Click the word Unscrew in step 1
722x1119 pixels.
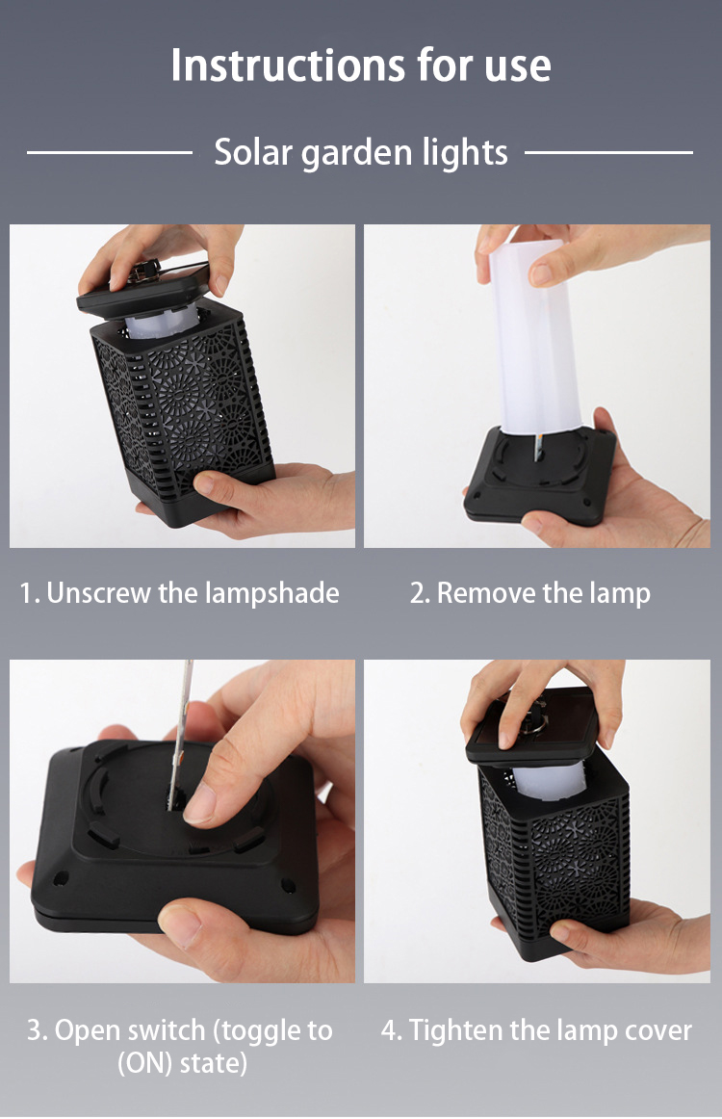click(98, 593)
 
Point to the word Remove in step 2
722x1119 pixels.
click(486, 593)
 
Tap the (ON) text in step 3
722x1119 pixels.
click(144, 1063)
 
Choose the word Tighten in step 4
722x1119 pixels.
click(455, 1031)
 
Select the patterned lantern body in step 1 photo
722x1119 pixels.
click(183, 414)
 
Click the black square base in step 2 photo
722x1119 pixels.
click(540, 475)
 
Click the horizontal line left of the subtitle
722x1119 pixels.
click(110, 152)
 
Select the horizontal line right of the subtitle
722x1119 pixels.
click(608, 152)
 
